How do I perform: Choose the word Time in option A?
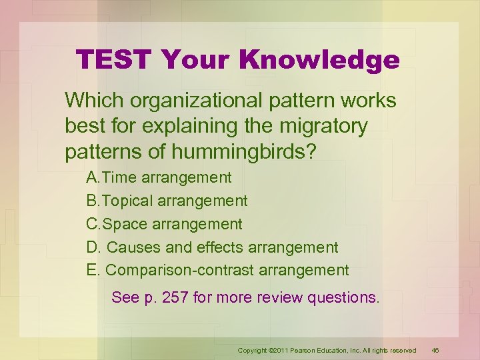click(x=119, y=177)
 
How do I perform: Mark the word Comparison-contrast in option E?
click(x=176, y=270)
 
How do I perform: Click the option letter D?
click(x=93, y=247)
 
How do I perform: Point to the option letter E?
click(x=92, y=270)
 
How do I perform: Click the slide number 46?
click(x=435, y=350)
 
